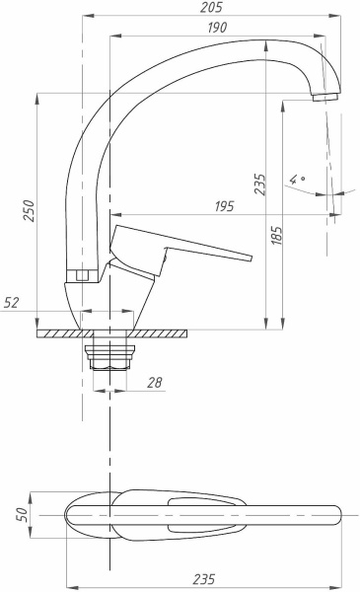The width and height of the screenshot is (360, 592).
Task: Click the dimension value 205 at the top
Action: (212, 8)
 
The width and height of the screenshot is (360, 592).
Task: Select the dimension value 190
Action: (217, 28)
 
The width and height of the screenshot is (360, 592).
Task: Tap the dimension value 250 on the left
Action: (29, 211)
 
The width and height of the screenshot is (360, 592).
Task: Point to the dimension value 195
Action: (225, 206)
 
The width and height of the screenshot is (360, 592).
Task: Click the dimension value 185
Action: (276, 235)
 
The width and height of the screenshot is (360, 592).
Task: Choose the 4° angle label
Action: (297, 179)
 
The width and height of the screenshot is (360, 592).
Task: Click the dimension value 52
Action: (11, 303)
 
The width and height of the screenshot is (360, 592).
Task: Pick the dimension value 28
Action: (154, 383)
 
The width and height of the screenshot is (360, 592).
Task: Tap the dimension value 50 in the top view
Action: (23, 514)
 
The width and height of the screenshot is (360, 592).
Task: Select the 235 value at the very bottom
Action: (204, 579)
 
